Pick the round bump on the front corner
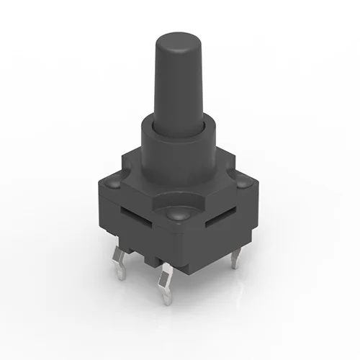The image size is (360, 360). point(176,214)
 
